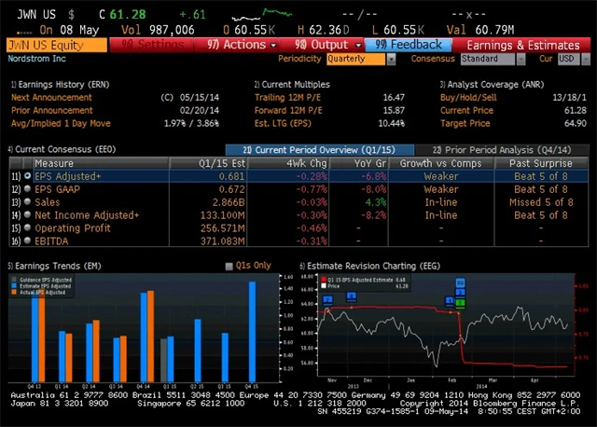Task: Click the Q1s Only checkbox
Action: [x=229, y=266]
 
